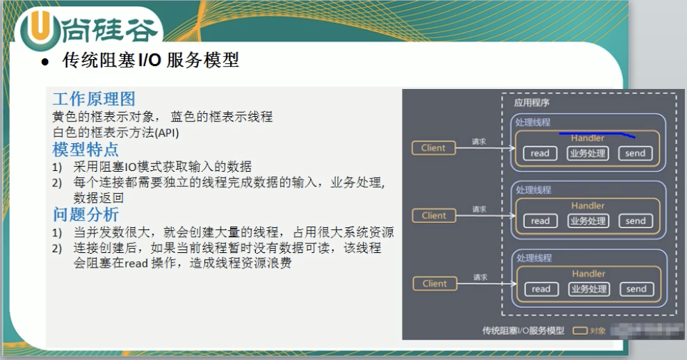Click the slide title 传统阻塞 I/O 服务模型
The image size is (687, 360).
(x=150, y=60)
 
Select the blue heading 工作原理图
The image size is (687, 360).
(x=94, y=99)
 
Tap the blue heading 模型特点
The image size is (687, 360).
(x=86, y=149)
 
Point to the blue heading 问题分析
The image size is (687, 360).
(x=86, y=214)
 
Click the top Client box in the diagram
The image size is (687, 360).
(x=433, y=147)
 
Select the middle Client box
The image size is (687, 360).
(x=433, y=215)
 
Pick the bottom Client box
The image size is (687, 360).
(x=434, y=283)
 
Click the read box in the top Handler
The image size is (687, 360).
(x=540, y=154)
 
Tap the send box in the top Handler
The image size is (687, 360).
(x=636, y=154)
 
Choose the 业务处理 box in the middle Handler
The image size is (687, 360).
(x=588, y=221)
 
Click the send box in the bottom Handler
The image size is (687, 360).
(x=636, y=289)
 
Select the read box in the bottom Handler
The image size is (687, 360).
(x=540, y=289)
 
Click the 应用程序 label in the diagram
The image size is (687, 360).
(x=532, y=103)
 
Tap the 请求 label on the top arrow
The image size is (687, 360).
(x=479, y=141)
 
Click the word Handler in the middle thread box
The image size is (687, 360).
(x=588, y=206)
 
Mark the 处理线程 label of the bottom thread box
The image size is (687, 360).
(x=533, y=258)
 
